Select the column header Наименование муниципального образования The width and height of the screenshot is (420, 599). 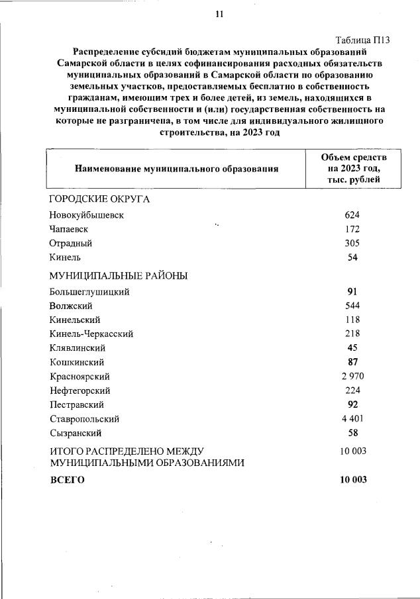pyautogui.click(x=176, y=169)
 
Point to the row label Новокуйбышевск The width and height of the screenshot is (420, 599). pyautogui.click(x=86, y=215)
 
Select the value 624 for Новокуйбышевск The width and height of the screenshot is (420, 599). pyautogui.click(x=352, y=215)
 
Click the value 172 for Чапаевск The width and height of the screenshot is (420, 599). pyautogui.click(x=352, y=229)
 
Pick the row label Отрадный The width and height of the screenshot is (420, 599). pyautogui.click(x=70, y=243)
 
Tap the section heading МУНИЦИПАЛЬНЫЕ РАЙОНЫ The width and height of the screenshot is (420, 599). pyautogui.click(x=119, y=275)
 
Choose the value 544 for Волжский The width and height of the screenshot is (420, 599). pyautogui.click(x=352, y=306)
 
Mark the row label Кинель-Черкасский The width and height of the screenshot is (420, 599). pyautogui.click(x=91, y=334)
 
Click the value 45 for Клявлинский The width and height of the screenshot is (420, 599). pyautogui.click(x=352, y=347)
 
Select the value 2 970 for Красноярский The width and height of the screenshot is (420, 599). pyautogui.click(x=352, y=376)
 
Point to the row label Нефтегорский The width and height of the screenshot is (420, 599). pyautogui.click(x=79, y=391)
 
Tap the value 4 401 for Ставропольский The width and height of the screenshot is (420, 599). pyautogui.click(x=352, y=418)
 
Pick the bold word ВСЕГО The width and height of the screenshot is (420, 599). pyautogui.click(x=68, y=480)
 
